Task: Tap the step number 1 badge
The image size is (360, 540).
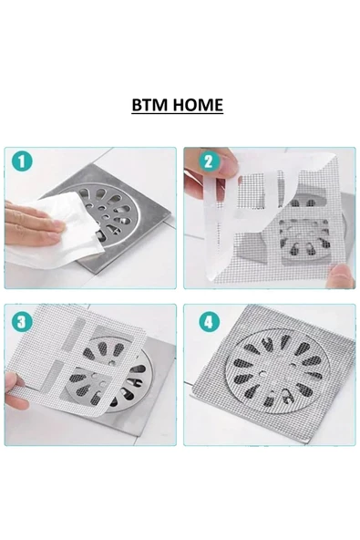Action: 23,162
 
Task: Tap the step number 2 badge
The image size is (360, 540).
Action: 207,162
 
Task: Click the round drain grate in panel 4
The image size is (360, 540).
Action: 273,374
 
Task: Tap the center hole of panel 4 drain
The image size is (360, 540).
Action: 273,373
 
